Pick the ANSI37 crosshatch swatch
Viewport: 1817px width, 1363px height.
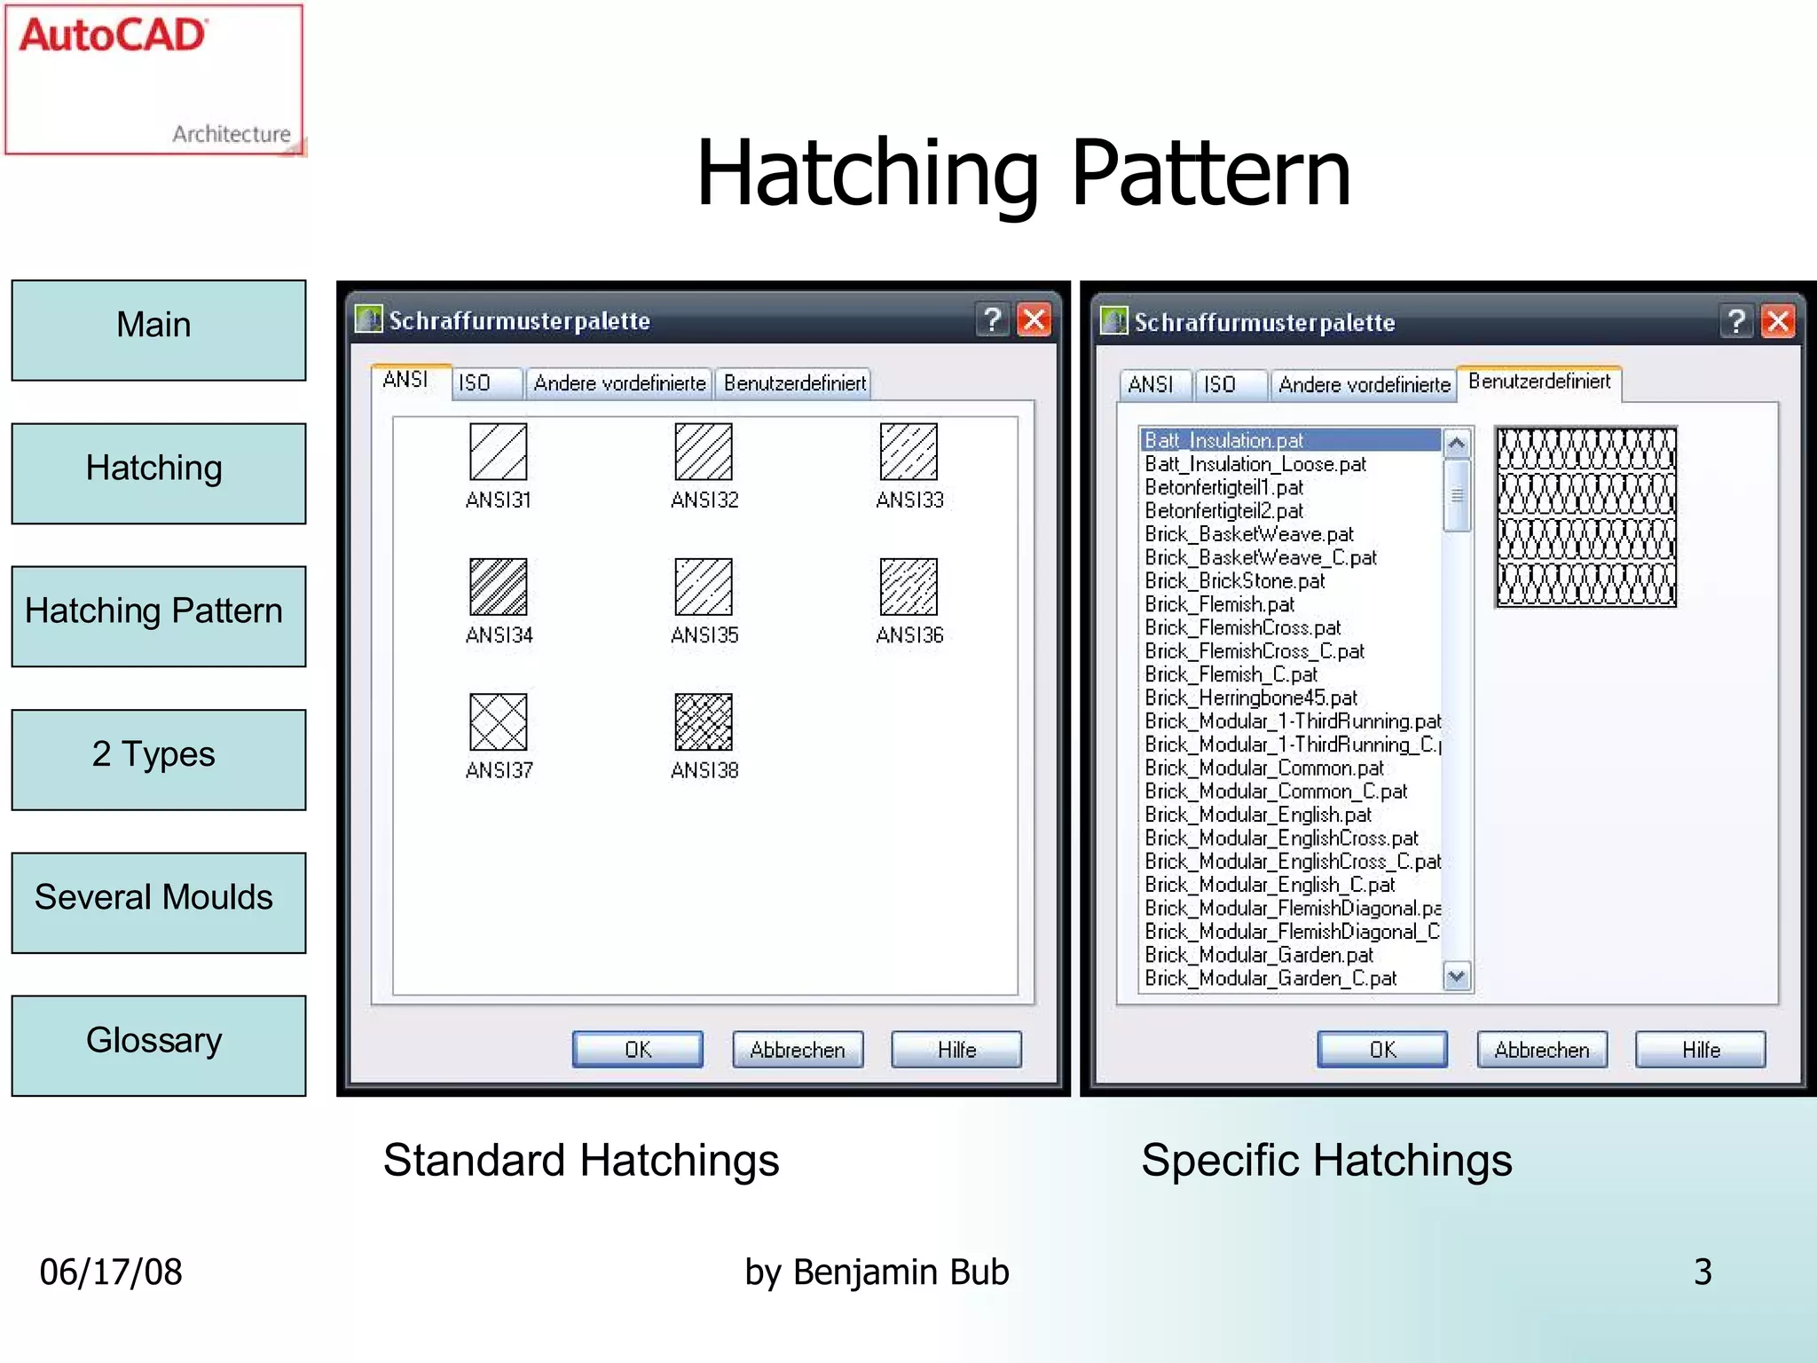[498, 721]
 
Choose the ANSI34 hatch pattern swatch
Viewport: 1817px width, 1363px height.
[498, 587]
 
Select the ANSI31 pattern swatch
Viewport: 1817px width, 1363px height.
[498, 451]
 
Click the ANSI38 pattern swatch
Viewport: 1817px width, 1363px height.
[704, 721]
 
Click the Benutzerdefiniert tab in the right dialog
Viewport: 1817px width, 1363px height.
[1539, 382]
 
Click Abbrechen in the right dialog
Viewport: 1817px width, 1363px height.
[1542, 1050]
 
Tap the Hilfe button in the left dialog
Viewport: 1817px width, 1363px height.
[956, 1050]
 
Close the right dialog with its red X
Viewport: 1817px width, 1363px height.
[1778, 321]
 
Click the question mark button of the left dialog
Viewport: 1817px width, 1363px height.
[993, 319]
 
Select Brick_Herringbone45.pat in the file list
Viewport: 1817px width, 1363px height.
[1251, 697]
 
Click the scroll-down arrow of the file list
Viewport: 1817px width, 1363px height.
[1456, 977]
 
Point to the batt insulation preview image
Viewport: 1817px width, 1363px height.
[1585, 517]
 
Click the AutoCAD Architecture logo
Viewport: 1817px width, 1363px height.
[154, 80]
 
